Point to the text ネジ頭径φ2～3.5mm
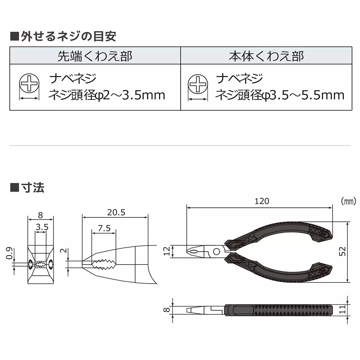click(x=107, y=95)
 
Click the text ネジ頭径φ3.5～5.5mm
click(x=280, y=95)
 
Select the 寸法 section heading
click(x=27, y=187)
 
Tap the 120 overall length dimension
click(x=262, y=201)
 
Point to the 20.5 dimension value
click(x=116, y=212)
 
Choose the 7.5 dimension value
click(x=104, y=228)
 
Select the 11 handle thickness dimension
click(x=353, y=309)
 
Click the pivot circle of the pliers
click(x=217, y=251)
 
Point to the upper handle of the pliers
click(x=281, y=234)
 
